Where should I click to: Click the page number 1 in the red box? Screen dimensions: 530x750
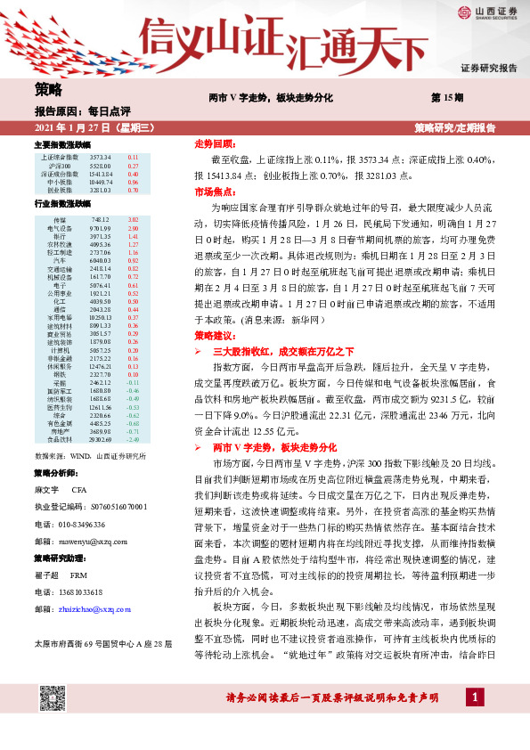pyautogui.click(x=477, y=697)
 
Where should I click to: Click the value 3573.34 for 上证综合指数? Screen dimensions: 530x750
pyautogui.click(x=101, y=157)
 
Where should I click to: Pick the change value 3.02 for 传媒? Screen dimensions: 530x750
pyautogui.click(x=135, y=219)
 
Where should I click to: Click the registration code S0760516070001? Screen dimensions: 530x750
pyautogui.click(x=109, y=506)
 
